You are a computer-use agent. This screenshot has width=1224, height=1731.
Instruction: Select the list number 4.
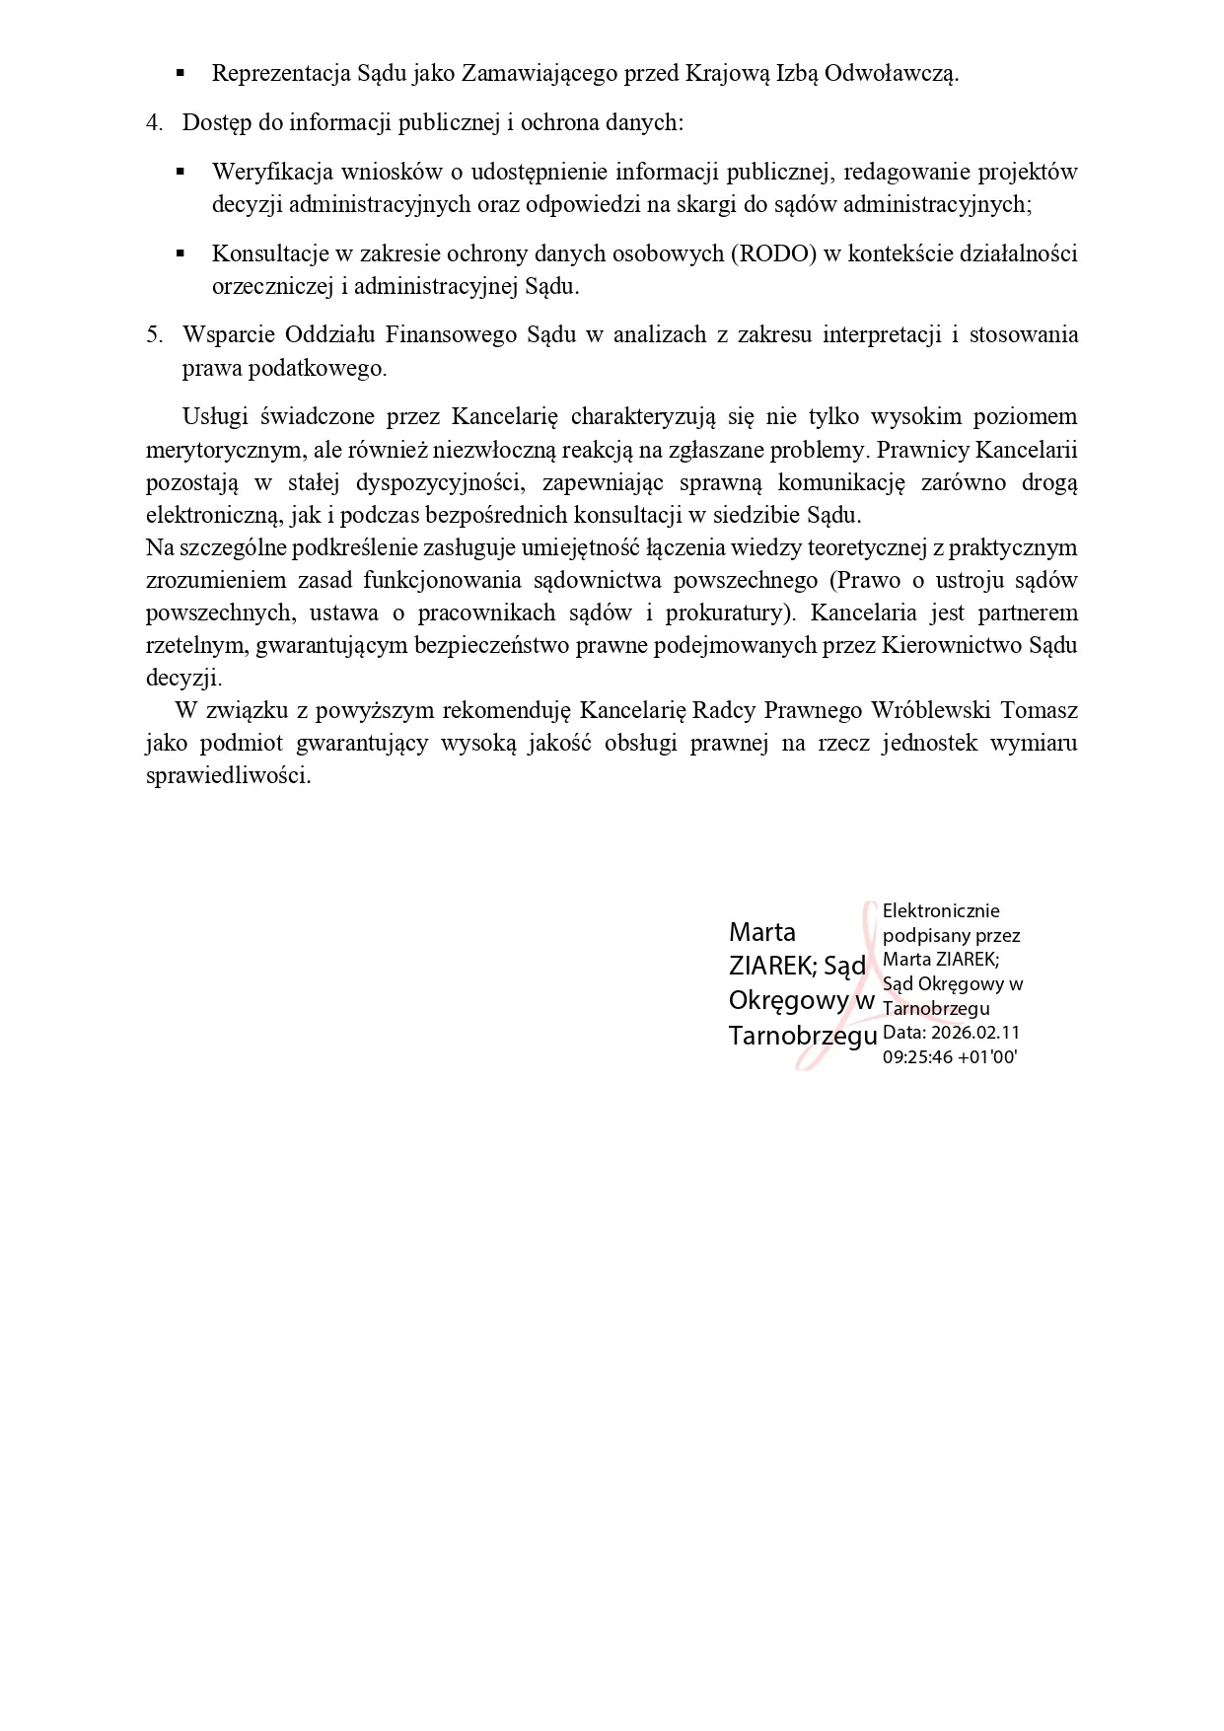coord(154,122)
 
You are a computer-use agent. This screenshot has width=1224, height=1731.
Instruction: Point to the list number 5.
coord(154,334)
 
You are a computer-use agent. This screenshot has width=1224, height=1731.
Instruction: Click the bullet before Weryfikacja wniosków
coord(180,172)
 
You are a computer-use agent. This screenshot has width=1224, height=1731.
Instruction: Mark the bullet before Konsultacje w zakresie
coord(180,253)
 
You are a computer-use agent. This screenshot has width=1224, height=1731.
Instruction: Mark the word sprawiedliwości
coord(228,775)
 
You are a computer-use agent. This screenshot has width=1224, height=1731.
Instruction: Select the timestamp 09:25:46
coord(917,1056)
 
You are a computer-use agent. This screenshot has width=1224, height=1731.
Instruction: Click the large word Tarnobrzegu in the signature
coord(803,1036)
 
